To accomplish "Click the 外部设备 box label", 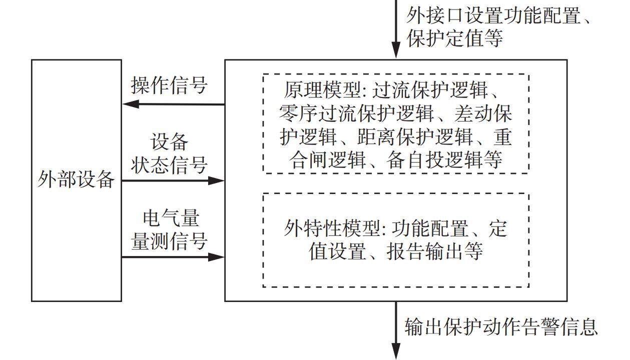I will (76, 180).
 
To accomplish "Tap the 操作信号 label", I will (169, 85).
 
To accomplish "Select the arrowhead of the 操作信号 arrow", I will (130, 104).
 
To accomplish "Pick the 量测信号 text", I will (169, 241).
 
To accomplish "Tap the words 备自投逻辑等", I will (444, 160).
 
